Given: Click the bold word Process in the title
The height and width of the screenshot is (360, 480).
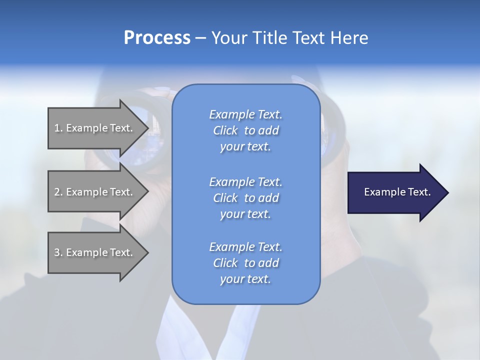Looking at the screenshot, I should point(157,38).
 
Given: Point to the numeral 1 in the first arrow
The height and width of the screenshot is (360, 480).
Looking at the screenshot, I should point(57,128).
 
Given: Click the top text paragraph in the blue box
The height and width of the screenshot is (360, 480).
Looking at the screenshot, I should point(245,130).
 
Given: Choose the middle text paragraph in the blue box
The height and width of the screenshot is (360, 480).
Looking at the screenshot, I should point(245,198).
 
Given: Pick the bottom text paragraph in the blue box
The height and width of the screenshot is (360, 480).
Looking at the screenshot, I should point(245,263).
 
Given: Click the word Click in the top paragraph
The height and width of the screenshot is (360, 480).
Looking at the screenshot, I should point(225,130).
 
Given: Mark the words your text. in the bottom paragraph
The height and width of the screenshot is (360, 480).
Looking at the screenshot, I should point(245,279).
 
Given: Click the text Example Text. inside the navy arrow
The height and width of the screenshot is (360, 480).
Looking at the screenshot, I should point(397,192).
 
